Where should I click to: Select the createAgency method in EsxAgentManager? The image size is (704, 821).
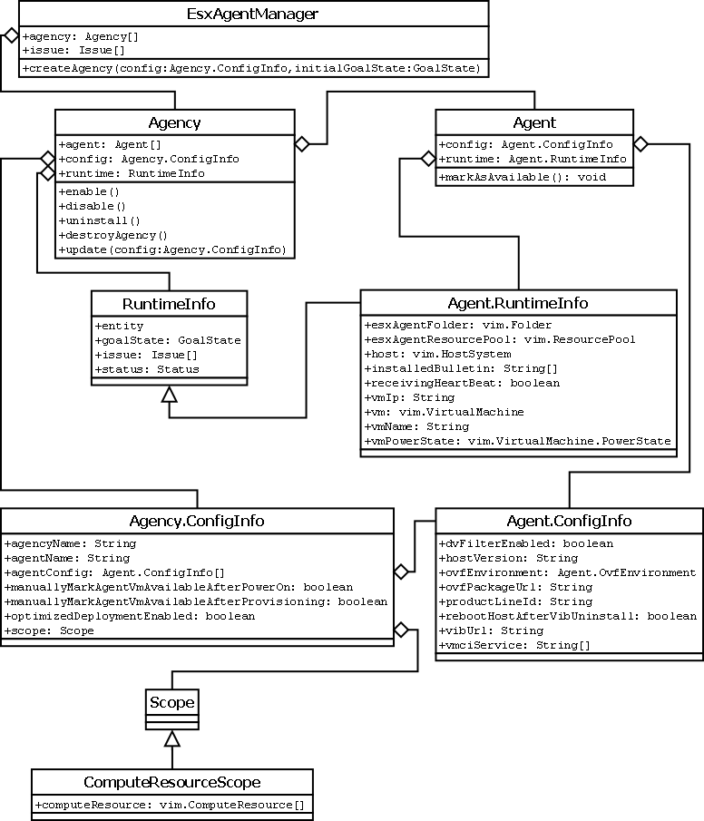252,68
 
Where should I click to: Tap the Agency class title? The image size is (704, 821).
175,122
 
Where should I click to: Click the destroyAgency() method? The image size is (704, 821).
113,235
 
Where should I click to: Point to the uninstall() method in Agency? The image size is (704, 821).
100,220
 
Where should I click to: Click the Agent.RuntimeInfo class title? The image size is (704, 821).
518,303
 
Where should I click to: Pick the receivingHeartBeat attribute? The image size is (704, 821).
462,383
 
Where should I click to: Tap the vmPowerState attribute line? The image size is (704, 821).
517,441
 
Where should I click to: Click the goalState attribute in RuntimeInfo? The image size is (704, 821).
155,340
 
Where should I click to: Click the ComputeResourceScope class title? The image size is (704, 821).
172,782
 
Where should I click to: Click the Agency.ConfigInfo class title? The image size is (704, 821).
197,521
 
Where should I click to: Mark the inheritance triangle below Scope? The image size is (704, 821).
172,738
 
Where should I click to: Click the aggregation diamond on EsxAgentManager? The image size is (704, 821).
11,35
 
